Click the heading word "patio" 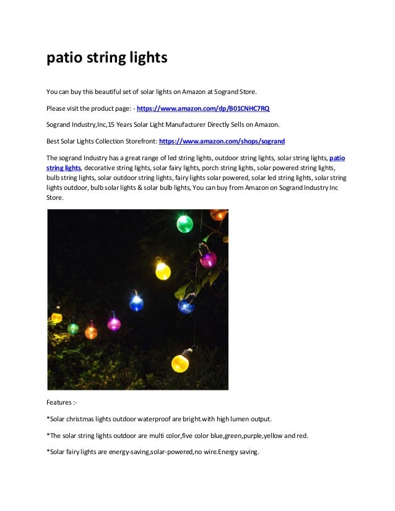click(x=64, y=59)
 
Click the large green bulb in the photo click(x=184, y=223)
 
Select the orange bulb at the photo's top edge click(x=218, y=214)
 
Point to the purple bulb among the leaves click(x=208, y=259)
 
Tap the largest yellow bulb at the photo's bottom click(x=180, y=362)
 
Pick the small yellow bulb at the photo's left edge click(x=56, y=317)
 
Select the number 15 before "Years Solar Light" click(x=111, y=124)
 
